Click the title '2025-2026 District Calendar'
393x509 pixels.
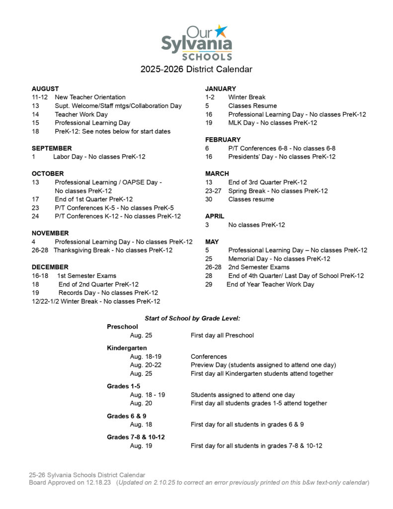[196, 69]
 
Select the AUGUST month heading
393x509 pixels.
[45, 88]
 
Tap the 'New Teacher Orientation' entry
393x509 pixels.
[90, 97]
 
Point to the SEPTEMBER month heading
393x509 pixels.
[52, 148]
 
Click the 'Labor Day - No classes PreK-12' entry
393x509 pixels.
[99, 157]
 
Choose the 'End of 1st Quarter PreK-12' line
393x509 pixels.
[93, 199]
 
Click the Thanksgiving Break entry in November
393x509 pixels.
[113, 250]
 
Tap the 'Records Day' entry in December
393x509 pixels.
[108, 293]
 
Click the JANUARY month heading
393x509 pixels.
[221, 88]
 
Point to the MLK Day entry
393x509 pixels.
[272, 122]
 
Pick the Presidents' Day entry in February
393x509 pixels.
[282, 157]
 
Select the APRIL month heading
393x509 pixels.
[215, 216]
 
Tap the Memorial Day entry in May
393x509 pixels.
[279, 258]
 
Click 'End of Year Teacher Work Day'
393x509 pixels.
[270, 284]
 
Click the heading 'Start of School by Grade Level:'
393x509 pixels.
[192, 318]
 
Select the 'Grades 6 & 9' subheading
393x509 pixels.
[126, 416]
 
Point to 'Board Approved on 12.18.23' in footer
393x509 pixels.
[70, 482]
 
